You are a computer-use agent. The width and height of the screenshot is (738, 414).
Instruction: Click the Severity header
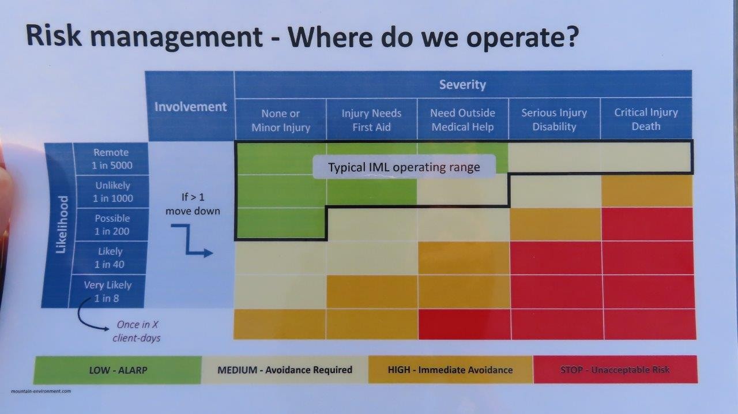[x=462, y=85]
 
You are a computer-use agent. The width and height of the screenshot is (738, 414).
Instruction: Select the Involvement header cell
[x=190, y=107]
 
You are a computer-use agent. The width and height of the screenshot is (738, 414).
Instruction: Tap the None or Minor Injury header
[x=281, y=121]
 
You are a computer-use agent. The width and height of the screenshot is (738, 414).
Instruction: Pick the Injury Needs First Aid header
[x=371, y=120]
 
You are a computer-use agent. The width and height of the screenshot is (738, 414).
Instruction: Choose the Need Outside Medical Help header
[x=462, y=120]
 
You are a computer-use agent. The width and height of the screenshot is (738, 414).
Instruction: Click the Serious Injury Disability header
[x=554, y=119]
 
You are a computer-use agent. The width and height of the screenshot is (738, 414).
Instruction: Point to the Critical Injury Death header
[x=646, y=119]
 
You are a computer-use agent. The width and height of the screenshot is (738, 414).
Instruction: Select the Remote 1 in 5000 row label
[x=111, y=159]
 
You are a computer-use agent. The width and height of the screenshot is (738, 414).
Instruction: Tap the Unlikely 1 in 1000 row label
[x=112, y=191]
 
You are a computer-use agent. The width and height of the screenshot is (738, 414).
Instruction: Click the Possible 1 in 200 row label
[x=112, y=224]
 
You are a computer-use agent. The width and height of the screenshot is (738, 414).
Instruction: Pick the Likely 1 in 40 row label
[x=110, y=258]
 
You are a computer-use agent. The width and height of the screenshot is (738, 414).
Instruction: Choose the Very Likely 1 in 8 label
[x=107, y=291]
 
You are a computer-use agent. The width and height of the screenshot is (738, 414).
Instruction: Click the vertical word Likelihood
[x=62, y=224]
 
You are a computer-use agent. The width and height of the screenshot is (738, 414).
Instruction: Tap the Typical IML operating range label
[x=404, y=167]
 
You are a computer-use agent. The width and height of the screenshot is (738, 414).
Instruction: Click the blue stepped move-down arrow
[x=189, y=239]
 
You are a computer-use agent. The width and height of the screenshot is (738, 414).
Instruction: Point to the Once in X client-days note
[x=137, y=332]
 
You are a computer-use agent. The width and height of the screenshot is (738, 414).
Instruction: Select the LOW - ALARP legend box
[x=118, y=370]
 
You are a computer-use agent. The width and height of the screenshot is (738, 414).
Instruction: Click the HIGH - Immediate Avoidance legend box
[x=450, y=370]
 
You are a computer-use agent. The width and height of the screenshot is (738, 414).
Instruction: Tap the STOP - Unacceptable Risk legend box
[x=615, y=369]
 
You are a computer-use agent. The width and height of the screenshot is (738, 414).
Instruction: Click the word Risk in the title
[x=54, y=35]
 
